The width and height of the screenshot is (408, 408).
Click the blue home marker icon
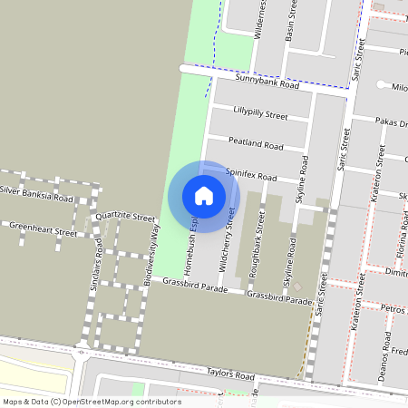[204, 196]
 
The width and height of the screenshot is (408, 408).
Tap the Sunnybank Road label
[267, 82]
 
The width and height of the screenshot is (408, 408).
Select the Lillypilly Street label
[260, 116]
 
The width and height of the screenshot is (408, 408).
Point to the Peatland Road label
[256, 143]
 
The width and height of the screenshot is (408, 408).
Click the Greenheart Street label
[43, 232]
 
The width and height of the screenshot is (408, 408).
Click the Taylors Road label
[230, 374]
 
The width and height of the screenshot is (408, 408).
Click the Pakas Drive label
[391, 122]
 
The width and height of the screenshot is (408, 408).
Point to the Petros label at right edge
[393, 310]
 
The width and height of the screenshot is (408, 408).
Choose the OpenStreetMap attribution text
[91, 402]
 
